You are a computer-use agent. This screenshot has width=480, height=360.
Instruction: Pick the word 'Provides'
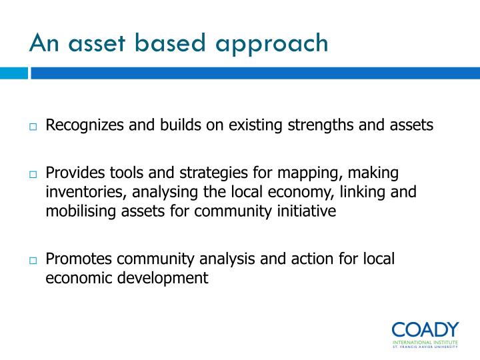click(73, 173)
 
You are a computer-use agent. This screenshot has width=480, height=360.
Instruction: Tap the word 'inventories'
click(77, 193)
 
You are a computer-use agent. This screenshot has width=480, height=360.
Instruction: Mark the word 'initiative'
click(304, 211)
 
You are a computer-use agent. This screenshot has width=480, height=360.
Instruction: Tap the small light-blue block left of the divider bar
click(13, 72)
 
